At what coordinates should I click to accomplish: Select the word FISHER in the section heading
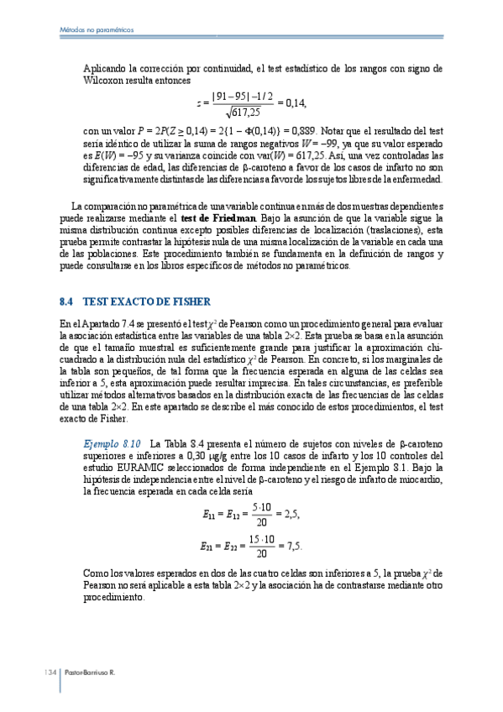(x=190, y=301)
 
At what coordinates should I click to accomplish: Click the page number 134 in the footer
(x=49, y=673)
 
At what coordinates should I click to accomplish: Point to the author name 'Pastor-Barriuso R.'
(x=89, y=673)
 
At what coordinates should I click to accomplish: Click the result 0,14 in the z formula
(x=296, y=103)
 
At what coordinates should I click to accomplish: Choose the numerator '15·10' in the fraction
(x=260, y=538)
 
